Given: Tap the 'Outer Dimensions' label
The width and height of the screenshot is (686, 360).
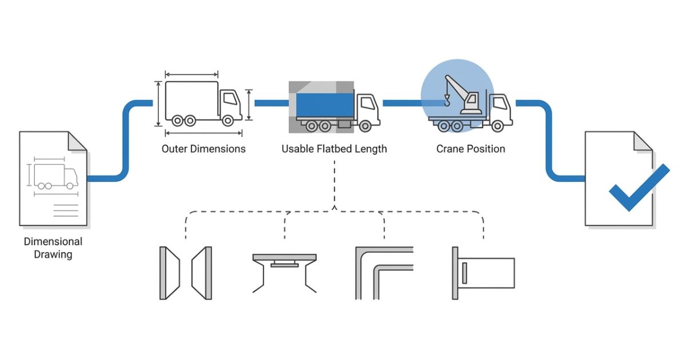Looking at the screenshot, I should (x=204, y=149).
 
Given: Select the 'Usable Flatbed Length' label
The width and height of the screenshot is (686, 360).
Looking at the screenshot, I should (x=334, y=149).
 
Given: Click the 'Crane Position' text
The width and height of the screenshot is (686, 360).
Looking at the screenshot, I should (x=470, y=149).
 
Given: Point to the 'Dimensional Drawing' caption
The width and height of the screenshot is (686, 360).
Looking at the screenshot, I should (x=53, y=248).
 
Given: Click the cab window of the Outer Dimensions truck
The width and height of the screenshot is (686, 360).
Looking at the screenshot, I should (x=230, y=99).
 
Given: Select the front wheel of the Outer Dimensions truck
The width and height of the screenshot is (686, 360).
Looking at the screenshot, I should (x=228, y=120).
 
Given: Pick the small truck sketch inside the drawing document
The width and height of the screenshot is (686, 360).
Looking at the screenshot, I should (x=55, y=176).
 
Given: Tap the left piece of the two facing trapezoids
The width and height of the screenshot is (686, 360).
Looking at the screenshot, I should (x=169, y=273).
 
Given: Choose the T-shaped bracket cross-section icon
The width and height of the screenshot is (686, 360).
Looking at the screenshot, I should (x=284, y=269).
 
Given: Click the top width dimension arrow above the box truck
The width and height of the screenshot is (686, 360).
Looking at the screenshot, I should (x=192, y=74).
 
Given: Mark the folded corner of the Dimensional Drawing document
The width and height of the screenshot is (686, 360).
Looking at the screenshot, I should (x=78, y=141).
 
